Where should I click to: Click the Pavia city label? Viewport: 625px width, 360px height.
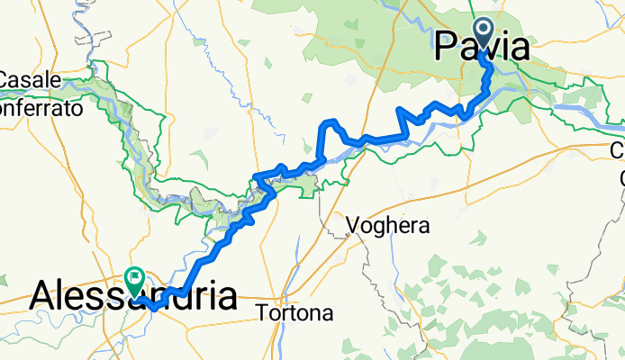point(481,47)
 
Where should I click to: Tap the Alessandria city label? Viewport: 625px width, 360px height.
point(135,295)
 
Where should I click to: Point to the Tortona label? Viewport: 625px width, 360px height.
point(294,314)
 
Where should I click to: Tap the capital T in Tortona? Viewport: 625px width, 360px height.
point(263,314)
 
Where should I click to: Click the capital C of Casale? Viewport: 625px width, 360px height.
point(6,80)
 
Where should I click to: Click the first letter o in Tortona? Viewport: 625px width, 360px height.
point(274,315)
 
